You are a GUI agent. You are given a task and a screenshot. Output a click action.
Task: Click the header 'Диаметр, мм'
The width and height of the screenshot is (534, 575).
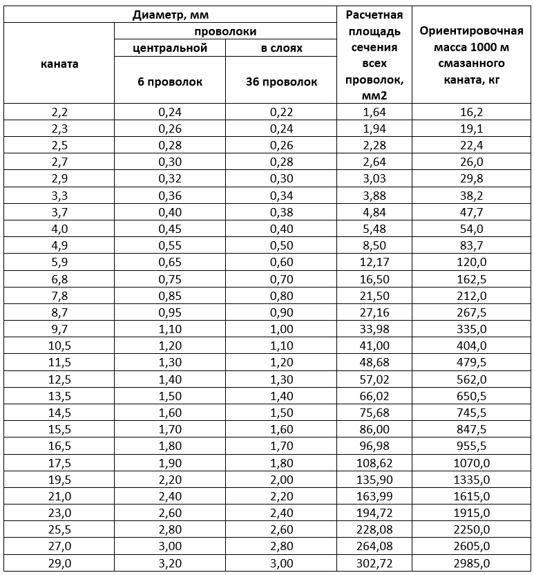170,14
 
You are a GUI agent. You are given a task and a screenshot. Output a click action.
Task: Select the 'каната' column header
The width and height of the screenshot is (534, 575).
59,64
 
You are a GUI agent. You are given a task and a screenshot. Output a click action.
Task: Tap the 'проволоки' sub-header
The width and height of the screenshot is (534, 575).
225,31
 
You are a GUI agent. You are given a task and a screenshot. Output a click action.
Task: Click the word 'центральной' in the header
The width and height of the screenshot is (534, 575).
170,48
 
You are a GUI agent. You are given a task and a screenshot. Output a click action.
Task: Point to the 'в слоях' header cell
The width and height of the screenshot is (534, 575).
281,48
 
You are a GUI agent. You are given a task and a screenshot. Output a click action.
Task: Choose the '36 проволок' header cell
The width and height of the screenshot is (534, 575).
281,82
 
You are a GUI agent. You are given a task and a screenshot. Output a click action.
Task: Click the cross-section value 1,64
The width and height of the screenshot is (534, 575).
374,111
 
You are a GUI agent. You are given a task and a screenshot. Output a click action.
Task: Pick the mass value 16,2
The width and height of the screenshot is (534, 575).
473,111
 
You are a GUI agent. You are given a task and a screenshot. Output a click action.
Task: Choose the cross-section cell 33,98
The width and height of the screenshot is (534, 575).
374,329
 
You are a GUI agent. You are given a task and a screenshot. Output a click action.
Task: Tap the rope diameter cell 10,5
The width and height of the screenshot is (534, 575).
59,346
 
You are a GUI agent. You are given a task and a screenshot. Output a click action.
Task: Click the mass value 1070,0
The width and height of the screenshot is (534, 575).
473,463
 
